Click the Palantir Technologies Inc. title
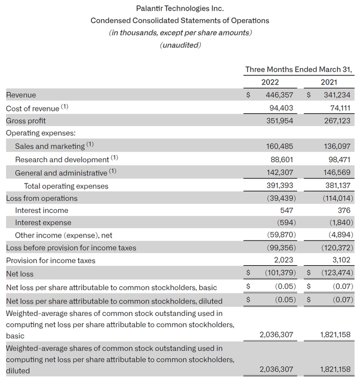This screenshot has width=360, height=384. pyautogui.click(x=180, y=8)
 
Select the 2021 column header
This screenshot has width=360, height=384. pyautogui.click(x=329, y=82)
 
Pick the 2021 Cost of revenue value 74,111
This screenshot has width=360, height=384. pyautogui.click(x=338, y=108)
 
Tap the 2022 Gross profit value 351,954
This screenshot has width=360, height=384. pyautogui.click(x=278, y=120)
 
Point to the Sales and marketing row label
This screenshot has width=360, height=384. pyautogui.click(x=50, y=146)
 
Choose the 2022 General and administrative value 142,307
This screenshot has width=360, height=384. pyautogui.click(x=278, y=173)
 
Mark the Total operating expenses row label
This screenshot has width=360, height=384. pyautogui.click(x=66, y=186)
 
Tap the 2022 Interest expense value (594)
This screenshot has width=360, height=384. pyautogui.click(x=283, y=223)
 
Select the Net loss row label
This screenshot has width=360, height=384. pyautogui.click(x=20, y=274)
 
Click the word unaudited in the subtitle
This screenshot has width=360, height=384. pyautogui.click(x=180, y=45)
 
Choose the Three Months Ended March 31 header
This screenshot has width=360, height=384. pyautogui.click(x=299, y=70)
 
